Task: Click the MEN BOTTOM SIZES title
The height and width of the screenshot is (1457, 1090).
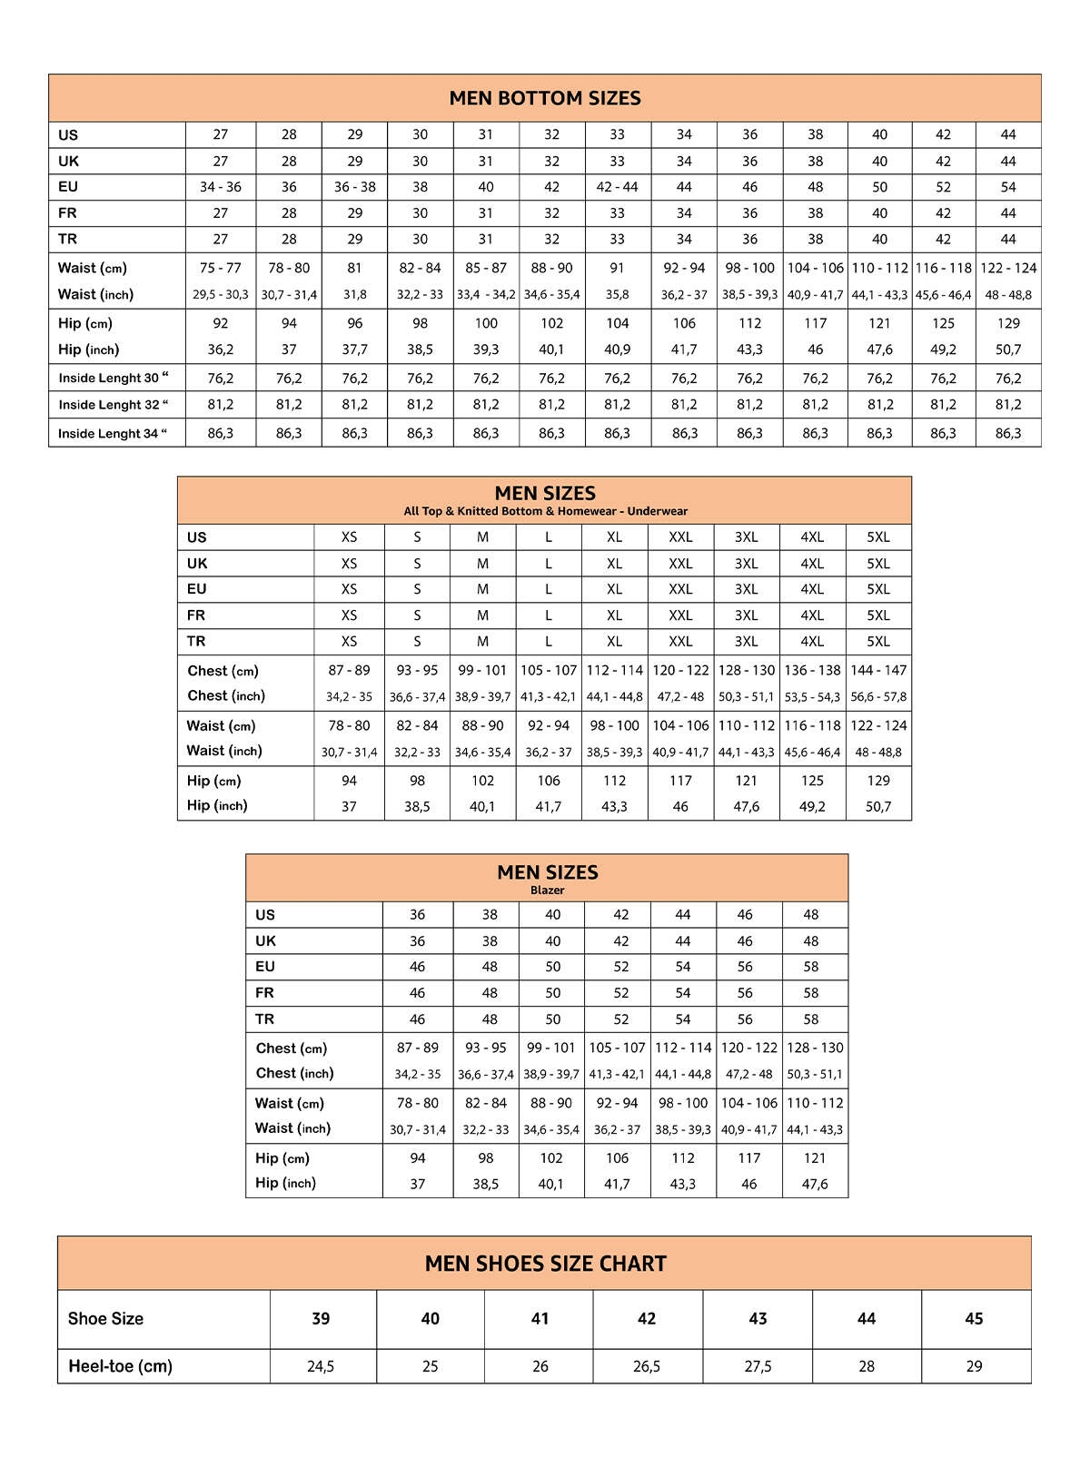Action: [545, 98]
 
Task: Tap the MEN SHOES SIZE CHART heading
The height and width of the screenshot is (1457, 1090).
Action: [545, 1264]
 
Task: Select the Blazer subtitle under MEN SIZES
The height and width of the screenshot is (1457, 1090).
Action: [547, 891]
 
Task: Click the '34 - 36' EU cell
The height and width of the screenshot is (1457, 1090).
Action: [221, 187]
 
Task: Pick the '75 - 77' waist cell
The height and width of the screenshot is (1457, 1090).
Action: [221, 268]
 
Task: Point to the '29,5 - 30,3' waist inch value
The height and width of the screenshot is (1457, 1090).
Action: [221, 295]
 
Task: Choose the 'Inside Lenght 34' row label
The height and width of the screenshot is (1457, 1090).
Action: [113, 433]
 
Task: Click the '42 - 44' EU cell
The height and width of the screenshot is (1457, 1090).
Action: [617, 187]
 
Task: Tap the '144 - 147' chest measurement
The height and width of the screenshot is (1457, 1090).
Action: [878, 670]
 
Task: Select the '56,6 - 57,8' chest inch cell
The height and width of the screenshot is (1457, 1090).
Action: [878, 697]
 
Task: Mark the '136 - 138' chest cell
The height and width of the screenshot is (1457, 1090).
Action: [812, 670]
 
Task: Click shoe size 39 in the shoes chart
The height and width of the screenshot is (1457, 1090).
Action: [321, 1318]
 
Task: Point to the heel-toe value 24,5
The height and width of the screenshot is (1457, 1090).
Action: [321, 1366]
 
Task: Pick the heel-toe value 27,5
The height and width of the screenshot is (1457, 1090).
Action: [758, 1366]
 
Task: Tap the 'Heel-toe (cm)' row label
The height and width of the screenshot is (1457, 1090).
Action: [120, 1366]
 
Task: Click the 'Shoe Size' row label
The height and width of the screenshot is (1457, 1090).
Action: [105, 1318]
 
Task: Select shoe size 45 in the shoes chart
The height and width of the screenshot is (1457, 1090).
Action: [974, 1318]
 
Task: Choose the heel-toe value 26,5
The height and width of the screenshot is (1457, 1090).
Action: [647, 1366]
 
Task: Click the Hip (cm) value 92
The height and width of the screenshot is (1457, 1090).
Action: [221, 323]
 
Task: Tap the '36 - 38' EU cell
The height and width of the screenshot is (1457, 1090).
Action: [354, 187]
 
